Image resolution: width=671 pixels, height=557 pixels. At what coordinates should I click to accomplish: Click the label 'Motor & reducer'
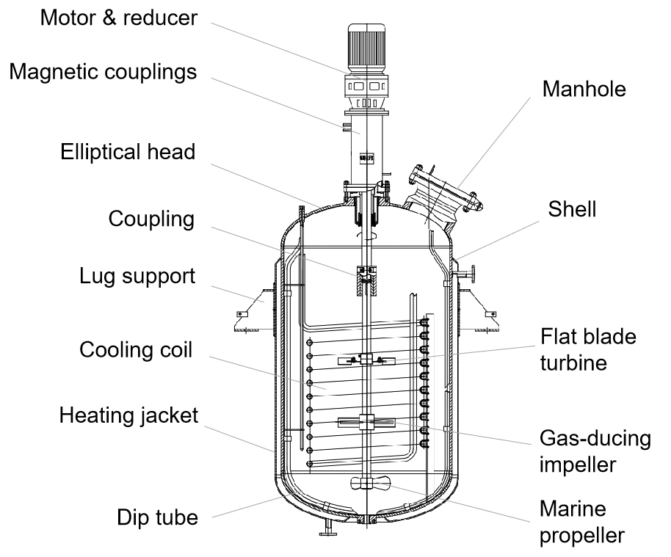coord(118,18)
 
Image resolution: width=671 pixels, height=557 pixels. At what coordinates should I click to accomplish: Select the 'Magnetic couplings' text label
coord(103,72)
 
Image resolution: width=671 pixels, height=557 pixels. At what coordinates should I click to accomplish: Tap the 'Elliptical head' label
coord(128,152)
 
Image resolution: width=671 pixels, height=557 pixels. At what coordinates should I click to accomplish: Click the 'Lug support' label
coord(137,277)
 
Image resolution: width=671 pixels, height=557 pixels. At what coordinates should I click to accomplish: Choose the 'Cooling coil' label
coord(136,350)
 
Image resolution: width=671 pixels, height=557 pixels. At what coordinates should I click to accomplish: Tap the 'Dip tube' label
coord(157,517)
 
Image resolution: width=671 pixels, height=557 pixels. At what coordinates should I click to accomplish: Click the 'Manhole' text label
coord(584,90)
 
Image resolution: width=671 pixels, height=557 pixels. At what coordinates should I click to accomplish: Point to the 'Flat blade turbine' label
coord(588,349)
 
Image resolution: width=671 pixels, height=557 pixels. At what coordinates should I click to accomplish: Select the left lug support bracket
coord(250,312)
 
